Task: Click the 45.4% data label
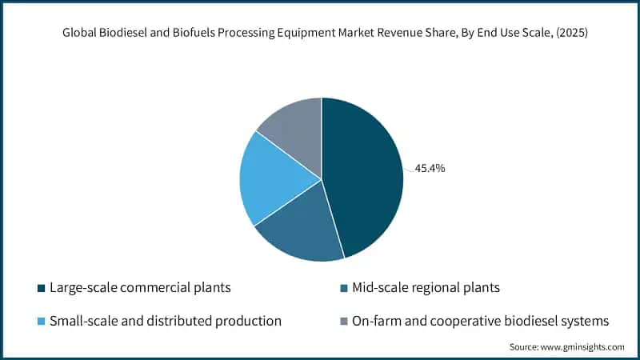(430, 168)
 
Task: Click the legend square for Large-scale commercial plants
(41, 287)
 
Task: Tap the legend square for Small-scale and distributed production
(41, 321)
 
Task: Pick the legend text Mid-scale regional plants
(422, 287)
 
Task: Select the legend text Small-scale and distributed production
(166, 321)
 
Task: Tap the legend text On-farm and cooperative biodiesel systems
(480, 321)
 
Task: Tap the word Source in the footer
(523, 346)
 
